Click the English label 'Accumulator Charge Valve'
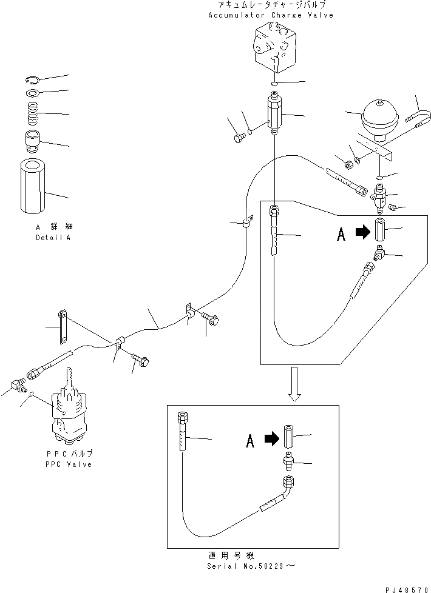pos(271,15)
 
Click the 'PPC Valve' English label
pos(68,464)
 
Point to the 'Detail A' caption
pos(53,238)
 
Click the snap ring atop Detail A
pos(33,79)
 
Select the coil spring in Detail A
pos(33,113)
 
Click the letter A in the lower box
pos(250,442)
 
